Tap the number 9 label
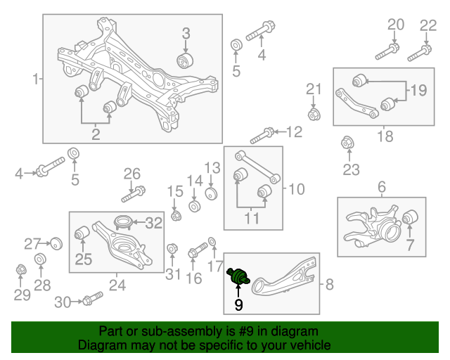[238, 305]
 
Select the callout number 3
[186, 32]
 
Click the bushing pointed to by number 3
[186, 59]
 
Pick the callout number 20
[396, 25]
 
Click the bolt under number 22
[420, 50]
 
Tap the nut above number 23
[346, 143]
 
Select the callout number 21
[314, 89]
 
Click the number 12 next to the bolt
[293, 131]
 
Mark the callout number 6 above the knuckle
[382, 187]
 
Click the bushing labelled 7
[410, 219]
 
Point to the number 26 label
[132, 174]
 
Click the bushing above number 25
[82, 231]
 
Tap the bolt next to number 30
[87, 302]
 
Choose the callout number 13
[212, 167]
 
